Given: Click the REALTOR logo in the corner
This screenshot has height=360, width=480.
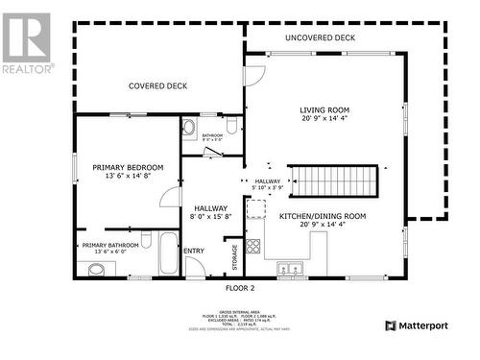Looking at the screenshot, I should pos(27,43).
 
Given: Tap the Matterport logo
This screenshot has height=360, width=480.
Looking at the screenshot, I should pos(417,325).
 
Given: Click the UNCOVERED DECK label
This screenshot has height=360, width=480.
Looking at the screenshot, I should pos(320,37).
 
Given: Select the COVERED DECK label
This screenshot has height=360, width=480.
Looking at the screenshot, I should pos(157,85).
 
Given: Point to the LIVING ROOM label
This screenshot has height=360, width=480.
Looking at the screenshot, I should pos(324,110).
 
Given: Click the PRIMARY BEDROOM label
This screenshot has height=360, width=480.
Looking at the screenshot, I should pos(128,167).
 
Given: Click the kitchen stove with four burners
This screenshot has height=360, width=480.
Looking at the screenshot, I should pos(253,245).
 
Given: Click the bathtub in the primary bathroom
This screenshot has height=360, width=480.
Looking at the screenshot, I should pos(168,253).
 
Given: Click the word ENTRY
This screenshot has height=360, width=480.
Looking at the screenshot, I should pos(194,252).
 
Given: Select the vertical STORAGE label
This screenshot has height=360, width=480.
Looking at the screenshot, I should pos(233,256).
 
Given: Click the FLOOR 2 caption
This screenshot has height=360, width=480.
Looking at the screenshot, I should pos(240,288).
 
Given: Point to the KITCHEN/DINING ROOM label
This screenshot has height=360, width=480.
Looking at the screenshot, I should pos(323,216).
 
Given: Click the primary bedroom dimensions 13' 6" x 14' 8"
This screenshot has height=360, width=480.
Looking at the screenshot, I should pos(128,177).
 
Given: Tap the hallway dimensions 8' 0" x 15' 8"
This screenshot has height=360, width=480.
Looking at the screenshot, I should pos(210,218).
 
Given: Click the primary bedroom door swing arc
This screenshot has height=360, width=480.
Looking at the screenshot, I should pos(170,197).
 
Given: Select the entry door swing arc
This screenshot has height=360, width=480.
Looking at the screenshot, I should pos(195,267).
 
